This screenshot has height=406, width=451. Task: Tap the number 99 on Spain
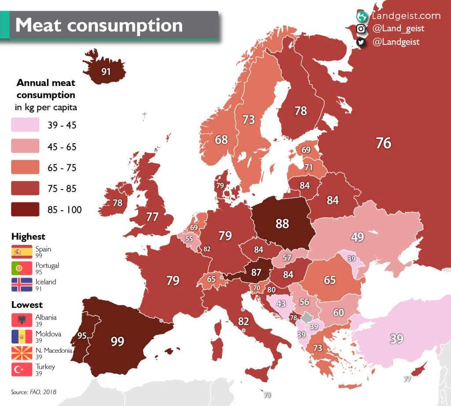coord(118,341)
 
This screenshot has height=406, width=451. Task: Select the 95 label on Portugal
coord(82,335)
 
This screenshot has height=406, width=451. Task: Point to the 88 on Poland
coord(282,223)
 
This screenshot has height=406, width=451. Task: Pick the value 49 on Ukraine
coord(358,237)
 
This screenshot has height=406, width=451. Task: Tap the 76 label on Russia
coord(384,143)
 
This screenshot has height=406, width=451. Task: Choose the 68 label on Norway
coord(221,140)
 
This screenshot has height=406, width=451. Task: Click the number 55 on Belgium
coord(189,238)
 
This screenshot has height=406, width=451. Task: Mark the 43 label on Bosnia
coord(281,304)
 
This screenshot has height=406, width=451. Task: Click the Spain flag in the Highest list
coord(22,252)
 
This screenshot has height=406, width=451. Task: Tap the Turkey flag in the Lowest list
coord(22,369)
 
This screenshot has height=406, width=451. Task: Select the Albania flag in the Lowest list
coord(22,320)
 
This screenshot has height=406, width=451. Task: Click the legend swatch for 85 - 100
coord(25,209)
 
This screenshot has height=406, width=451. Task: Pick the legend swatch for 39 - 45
coord(25,125)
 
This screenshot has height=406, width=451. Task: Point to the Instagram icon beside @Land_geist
coord(361,29)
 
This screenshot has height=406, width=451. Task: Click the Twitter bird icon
coord(361,42)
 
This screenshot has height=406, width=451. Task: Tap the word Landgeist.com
coord(406,16)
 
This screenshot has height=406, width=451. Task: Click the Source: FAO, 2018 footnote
coord(33,391)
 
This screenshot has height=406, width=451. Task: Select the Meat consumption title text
coord(99,25)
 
